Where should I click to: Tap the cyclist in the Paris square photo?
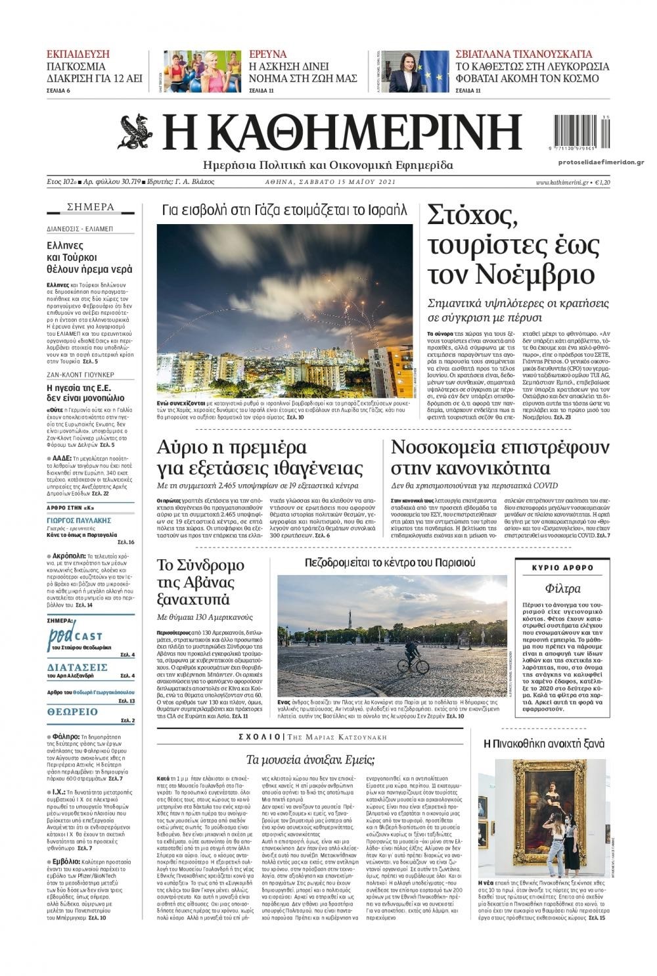[x=412, y=655]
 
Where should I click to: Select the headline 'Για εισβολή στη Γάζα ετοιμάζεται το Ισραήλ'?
[x=284, y=211]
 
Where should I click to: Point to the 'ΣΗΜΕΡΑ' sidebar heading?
[x=91, y=207]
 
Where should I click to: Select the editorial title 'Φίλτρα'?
[x=562, y=588]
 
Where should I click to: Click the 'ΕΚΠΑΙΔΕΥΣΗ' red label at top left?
[x=78, y=54]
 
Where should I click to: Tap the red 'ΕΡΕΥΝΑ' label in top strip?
[x=268, y=54]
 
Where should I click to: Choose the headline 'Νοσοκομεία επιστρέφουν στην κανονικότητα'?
[x=500, y=457]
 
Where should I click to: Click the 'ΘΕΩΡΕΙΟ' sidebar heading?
[x=72, y=712]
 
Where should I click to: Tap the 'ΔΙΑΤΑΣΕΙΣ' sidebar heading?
[x=77, y=667]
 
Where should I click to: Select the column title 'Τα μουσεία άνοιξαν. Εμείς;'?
[x=310, y=760]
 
